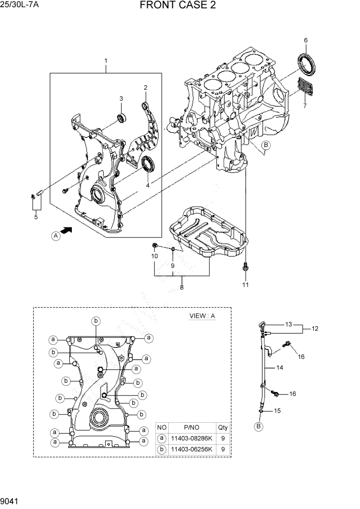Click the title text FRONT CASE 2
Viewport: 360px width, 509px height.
tap(177, 6)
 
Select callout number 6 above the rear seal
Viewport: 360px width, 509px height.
tap(306, 40)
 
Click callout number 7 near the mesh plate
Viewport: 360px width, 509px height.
tap(305, 106)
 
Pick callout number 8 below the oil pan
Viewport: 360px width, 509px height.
tap(182, 288)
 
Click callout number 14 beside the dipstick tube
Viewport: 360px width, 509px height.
tap(280, 367)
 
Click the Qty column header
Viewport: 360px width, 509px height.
tap(223, 427)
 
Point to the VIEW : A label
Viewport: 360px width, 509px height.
tap(202, 316)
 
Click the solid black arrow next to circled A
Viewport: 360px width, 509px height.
tap(66, 231)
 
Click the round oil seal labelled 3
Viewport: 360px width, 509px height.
tap(122, 118)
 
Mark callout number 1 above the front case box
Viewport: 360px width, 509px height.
tap(106, 62)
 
